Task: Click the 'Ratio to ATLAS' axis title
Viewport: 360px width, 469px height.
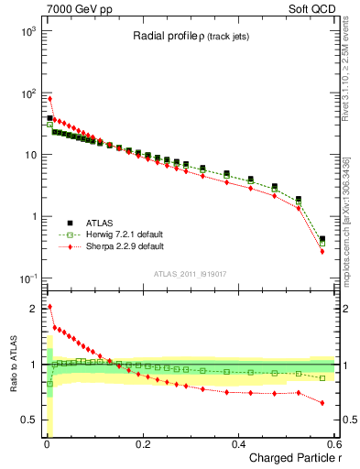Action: [12, 365]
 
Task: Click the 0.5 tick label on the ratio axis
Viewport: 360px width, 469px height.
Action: [28, 420]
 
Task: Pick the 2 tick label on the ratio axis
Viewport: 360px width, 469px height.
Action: [33, 309]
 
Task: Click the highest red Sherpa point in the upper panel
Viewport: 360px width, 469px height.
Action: [49, 99]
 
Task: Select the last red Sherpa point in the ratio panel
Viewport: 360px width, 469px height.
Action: [322, 403]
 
